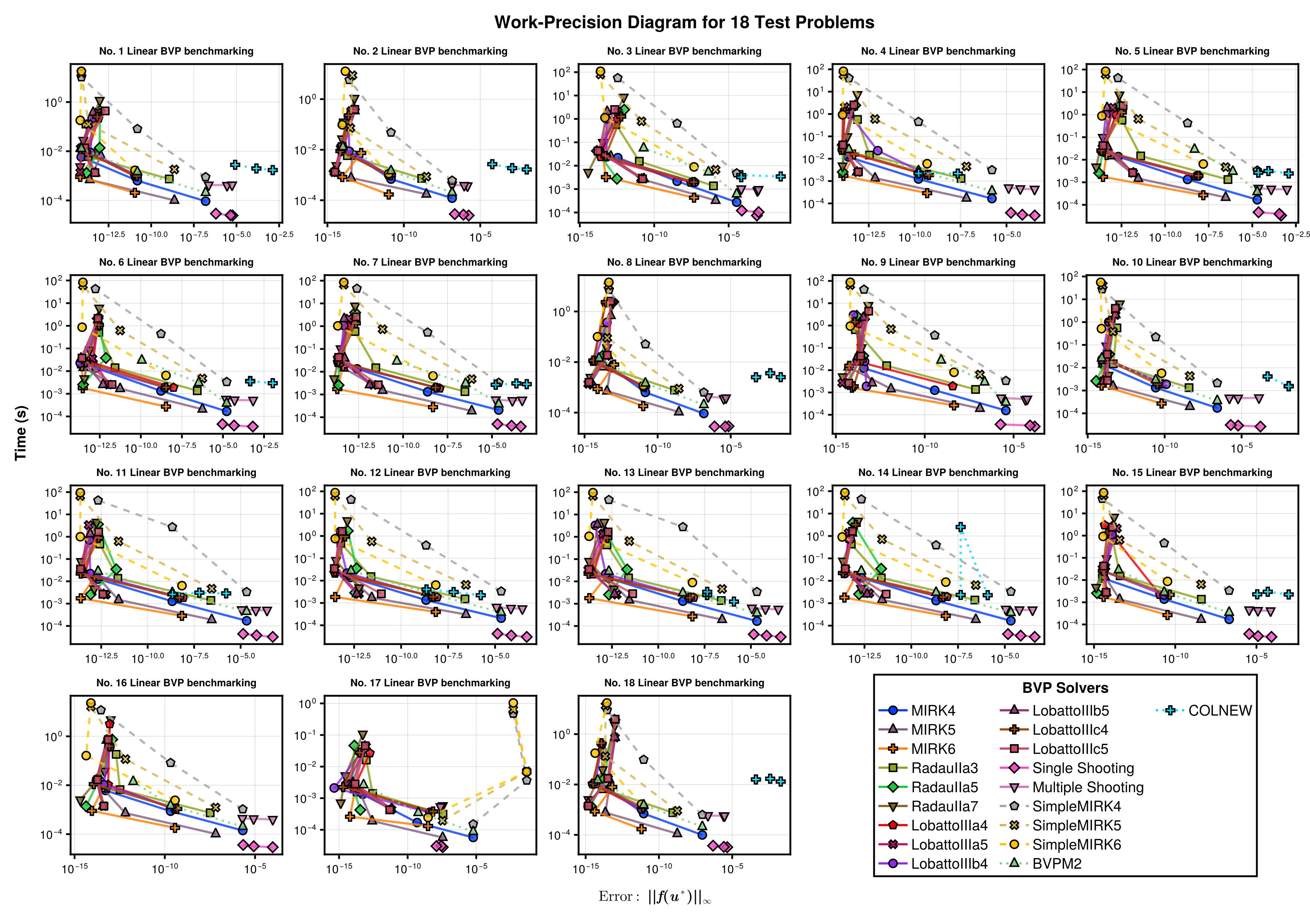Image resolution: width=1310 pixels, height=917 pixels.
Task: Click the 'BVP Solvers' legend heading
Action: click(x=1065, y=688)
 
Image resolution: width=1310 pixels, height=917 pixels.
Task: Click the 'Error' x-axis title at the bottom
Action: click(x=654, y=897)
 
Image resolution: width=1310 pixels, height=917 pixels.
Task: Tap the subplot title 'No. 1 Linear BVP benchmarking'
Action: click(x=176, y=51)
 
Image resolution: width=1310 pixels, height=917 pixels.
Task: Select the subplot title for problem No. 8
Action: click(x=684, y=262)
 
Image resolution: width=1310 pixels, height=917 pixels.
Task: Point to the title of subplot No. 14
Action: click(x=938, y=472)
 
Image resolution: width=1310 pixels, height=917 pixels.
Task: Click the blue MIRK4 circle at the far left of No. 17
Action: click(x=334, y=788)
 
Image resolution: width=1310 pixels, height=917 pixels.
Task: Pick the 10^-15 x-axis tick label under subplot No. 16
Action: click(x=74, y=868)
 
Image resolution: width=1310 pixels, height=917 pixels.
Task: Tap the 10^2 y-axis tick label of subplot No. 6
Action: click(x=54, y=281)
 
